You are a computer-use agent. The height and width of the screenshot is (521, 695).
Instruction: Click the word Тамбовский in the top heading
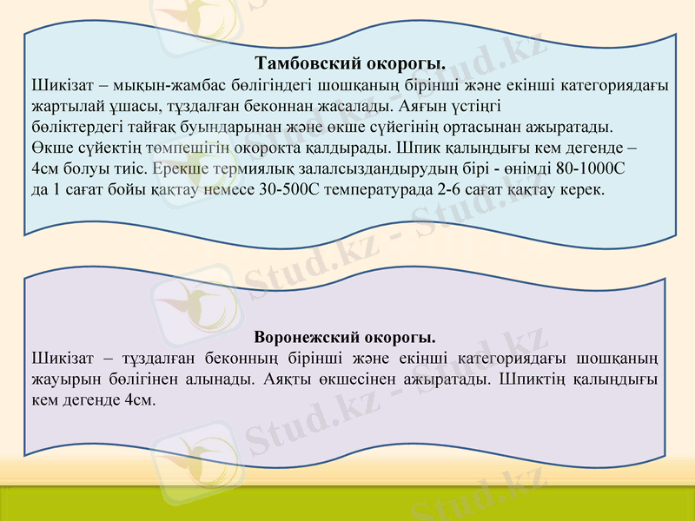pos(298,64)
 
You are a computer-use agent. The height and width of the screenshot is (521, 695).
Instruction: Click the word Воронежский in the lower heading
pos(307,336)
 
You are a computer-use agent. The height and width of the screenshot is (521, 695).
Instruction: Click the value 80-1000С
pos(592,168)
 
